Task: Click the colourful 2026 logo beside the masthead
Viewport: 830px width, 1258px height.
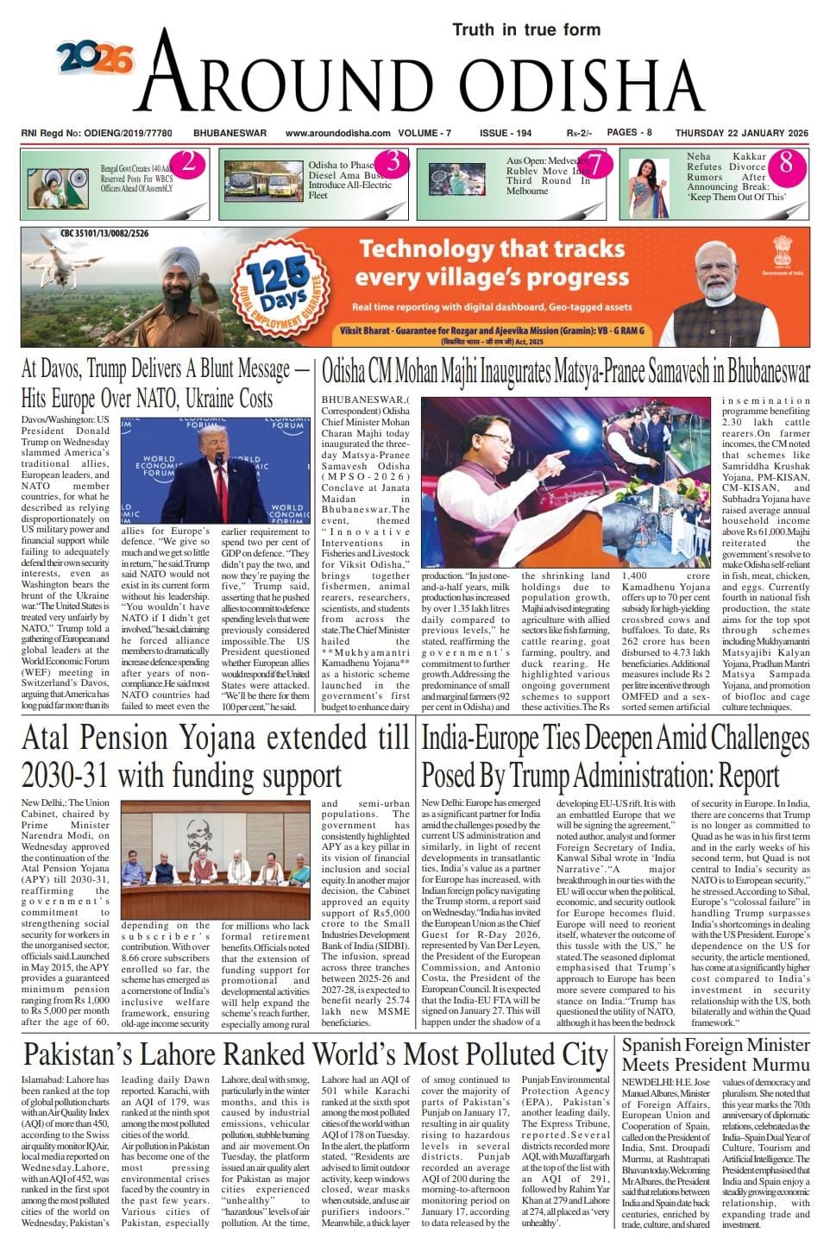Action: [96, 58]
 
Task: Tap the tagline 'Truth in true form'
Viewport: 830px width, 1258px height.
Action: [525, 29]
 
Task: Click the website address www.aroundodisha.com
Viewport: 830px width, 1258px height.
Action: [337, 133]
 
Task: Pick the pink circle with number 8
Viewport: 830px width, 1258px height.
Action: [784, 163]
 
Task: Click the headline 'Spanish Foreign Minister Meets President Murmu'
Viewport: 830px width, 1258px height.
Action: [715, 1054]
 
